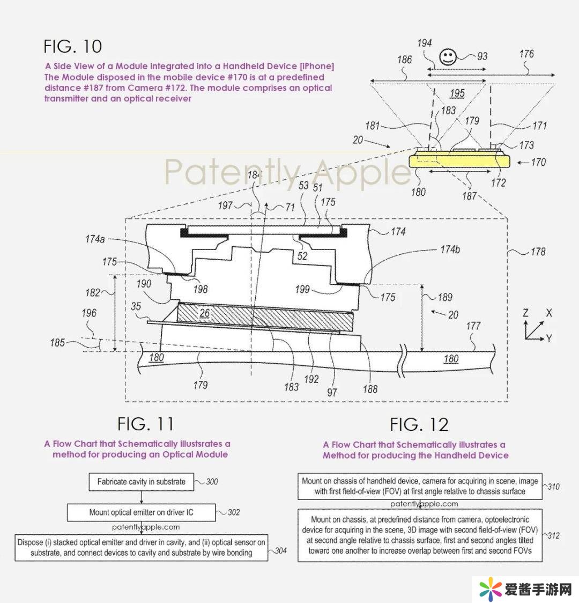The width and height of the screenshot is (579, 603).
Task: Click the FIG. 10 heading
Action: click(x=73, y=46)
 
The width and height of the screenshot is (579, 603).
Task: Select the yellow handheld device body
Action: click(x=458, y=160)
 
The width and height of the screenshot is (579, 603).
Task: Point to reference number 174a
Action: click(x=95, y=239)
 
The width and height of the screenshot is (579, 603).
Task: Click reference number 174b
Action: click(x=450, y=249)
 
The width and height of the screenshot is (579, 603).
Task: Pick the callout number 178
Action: click(x=538, y=251)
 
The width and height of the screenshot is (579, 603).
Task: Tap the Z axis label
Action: click(x=526, y=313)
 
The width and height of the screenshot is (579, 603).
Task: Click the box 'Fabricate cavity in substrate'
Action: click(x=141, y=482)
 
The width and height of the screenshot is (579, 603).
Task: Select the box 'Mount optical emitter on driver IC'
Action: click(x=141, y=512)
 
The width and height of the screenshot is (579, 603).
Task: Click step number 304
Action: click(x=281, y=550)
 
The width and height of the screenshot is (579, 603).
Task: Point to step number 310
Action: click(x=553, y=487)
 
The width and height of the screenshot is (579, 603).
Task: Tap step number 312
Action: click(x=553, y=535)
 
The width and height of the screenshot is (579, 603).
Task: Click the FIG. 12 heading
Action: click(x=419, y=425)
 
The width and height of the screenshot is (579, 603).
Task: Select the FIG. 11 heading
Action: click(x=145, y=424)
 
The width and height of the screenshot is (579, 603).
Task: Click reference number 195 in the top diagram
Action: click(x=457, y=93)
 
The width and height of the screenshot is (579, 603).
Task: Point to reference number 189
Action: click(x=445, y=297)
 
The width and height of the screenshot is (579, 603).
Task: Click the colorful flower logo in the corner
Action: click(x=490, y=590)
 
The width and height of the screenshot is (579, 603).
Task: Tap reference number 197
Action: click(x=225, y=205)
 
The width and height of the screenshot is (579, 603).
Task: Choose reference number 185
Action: click(x=57, y=342)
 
